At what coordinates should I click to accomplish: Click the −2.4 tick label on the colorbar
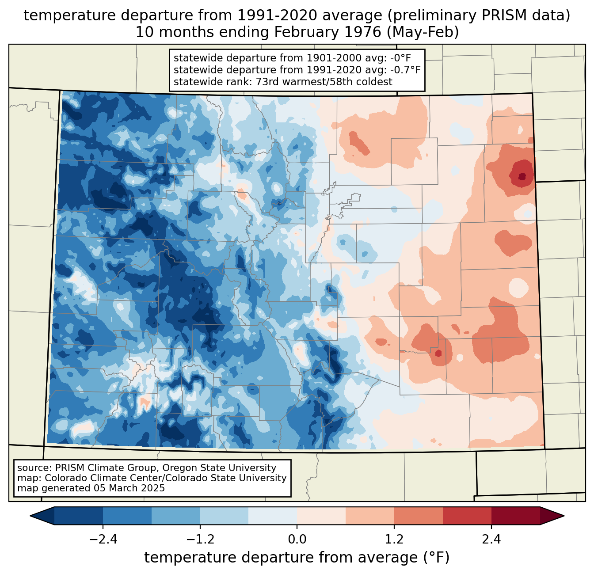pyautogui.click(x=103, y=540)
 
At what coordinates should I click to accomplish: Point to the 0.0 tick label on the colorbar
pyautogui.click(x=297, y=540)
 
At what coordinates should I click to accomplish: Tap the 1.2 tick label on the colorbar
pyautogui.click(x=394, y=540)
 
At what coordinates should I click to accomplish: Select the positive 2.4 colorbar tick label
pyautogui.click(x=491, y=540)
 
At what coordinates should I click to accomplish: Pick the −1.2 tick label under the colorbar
pyautogui.click(x=200, y=540)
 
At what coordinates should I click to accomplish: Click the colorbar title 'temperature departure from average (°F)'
pyautogui.click(x=297, y=558)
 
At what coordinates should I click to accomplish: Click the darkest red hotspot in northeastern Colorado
pyautogui.click(x=522, y=176)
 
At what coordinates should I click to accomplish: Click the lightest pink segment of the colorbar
pyautogui.click(x=321, y=516)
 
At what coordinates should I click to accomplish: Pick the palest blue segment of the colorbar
pyautogui.click(x=273, y=516)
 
